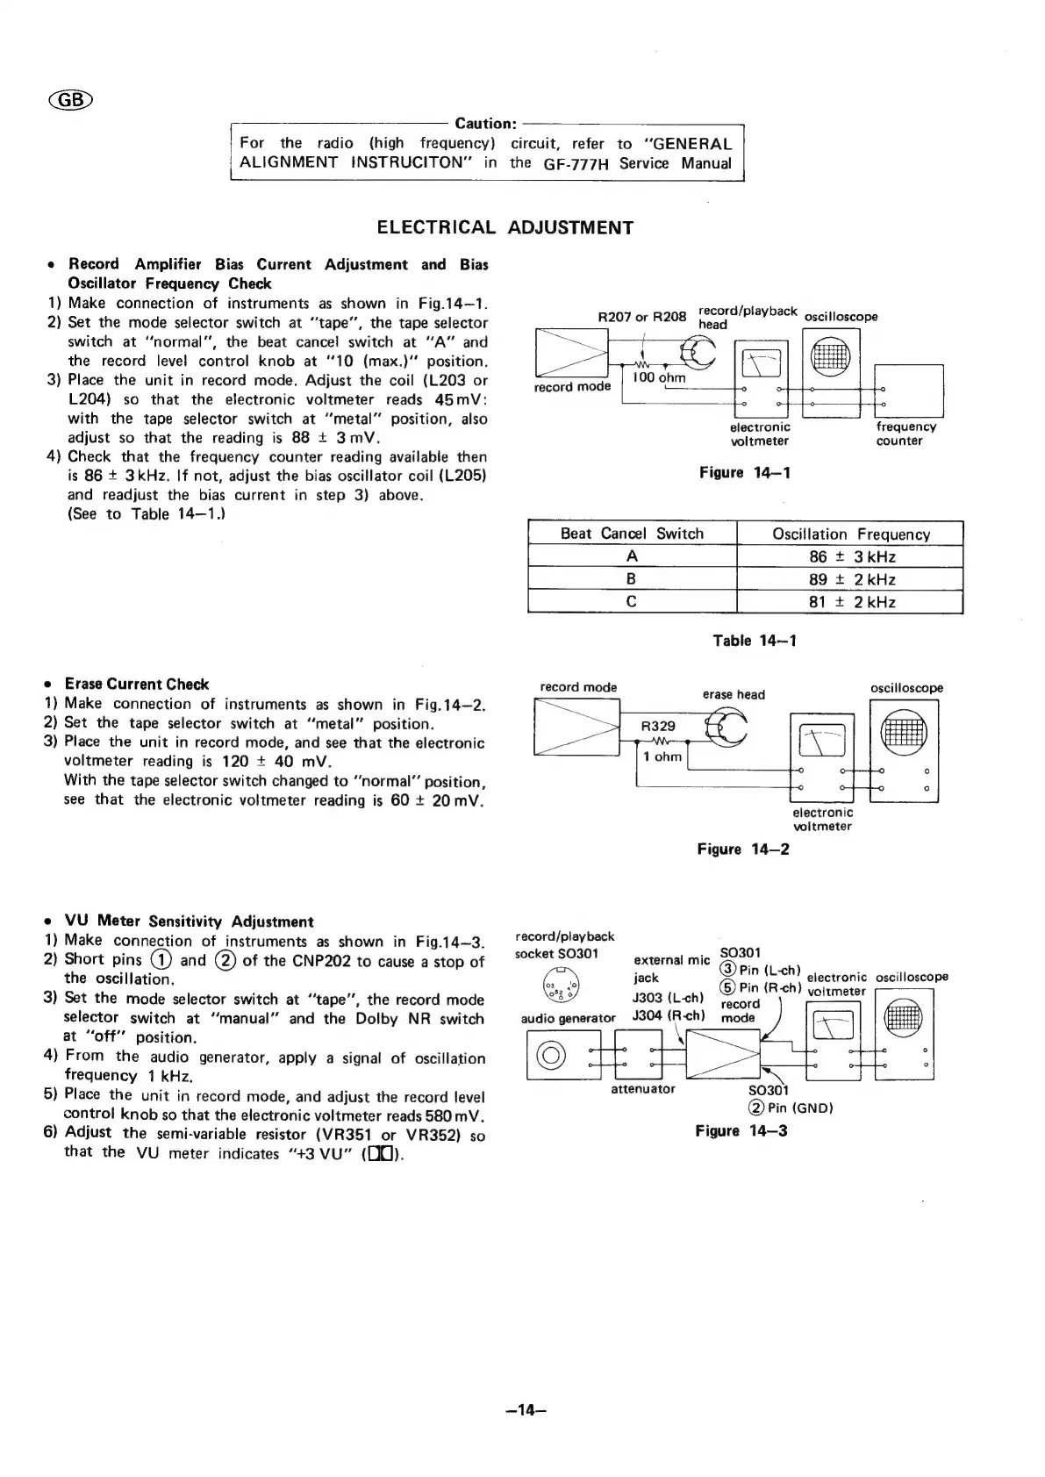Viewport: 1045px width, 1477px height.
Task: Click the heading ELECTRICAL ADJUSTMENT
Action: [505, 228]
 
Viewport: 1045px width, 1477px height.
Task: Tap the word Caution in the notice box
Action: [488, 124]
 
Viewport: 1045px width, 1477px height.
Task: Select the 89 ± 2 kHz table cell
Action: [849, 579]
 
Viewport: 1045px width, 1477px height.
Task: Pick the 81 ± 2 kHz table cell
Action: [849, 602]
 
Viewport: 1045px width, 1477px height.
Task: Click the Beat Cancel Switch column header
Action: [632, 534]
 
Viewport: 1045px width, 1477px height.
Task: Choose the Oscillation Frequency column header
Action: [849, 534]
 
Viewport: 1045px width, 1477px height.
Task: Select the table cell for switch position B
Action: [632, 579]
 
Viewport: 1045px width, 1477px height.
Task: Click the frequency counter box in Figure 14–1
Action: [909, 391]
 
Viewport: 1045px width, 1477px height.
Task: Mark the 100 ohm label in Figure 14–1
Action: [659, 378]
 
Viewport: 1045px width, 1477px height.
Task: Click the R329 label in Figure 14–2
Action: [658, 727]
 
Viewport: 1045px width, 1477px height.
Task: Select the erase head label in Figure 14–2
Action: [734, 695]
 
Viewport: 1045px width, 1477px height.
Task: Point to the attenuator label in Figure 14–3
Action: [643, 1089]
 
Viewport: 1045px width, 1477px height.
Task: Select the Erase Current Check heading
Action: [137, 685]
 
